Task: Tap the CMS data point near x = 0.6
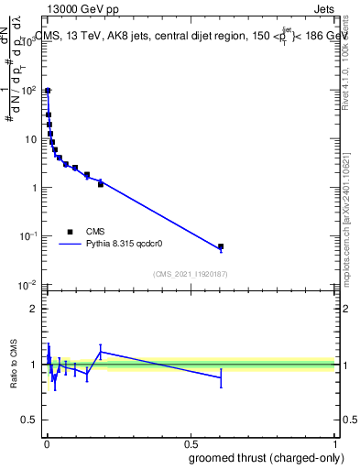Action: point(221,246)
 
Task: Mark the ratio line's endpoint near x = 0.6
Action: point(221,377)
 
